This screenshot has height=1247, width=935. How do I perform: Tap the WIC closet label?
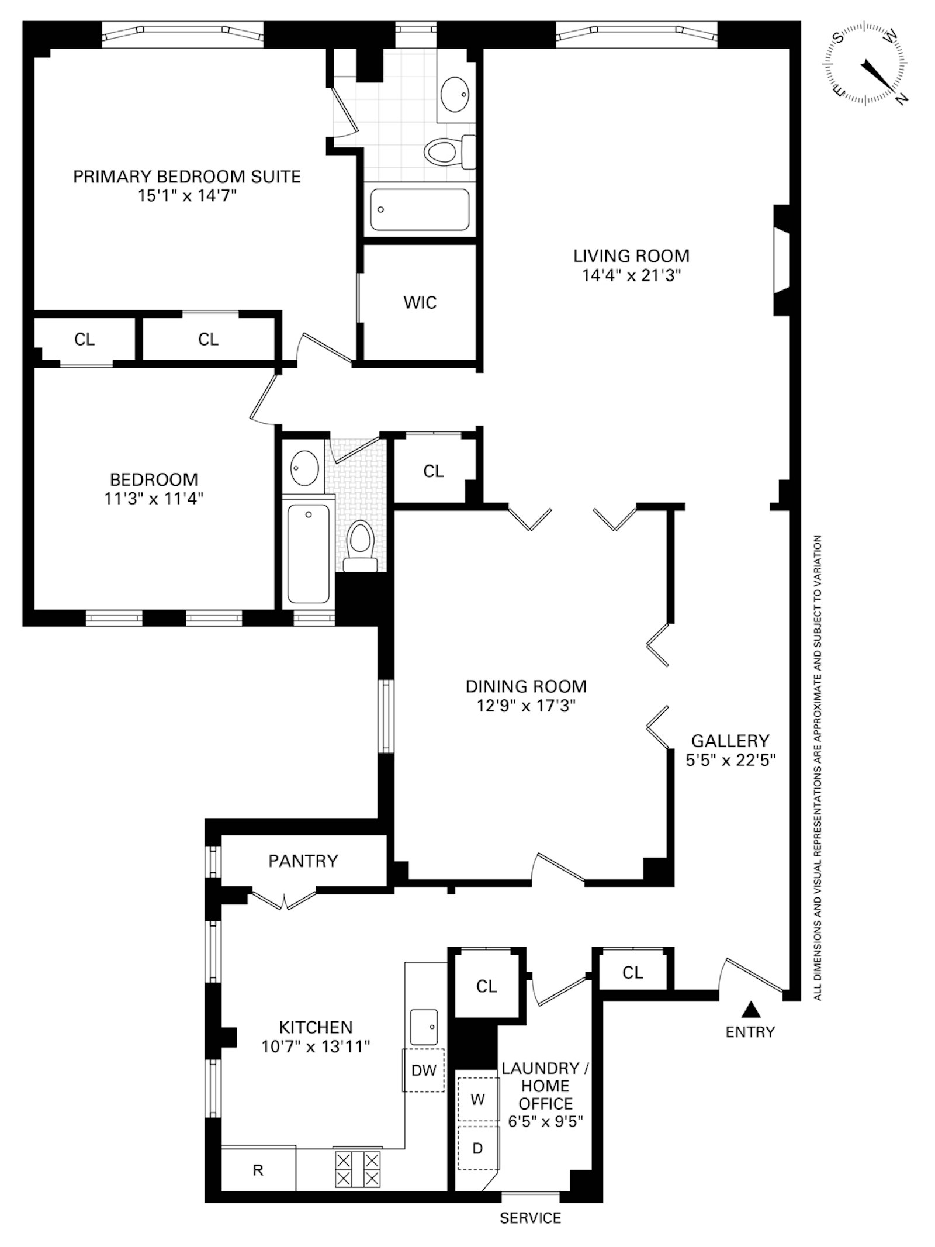pyautogui.click(x=420, y=302)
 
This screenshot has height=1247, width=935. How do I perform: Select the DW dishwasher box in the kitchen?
pyautogui.click(x=424, y=1070)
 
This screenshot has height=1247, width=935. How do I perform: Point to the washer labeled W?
pyautogui.click(x=477, y=1100)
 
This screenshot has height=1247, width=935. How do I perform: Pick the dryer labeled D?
pyautogui.click(x=477, y=1148)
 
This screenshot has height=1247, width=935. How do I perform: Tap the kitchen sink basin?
pyautogui.click(x=424, y=1027)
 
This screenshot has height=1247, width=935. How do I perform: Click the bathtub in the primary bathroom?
pyautogui.click(x=420, y=209)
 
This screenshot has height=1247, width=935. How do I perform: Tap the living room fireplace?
pyautogui.click(x=781, y=260)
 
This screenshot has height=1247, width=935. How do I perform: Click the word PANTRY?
pyautogui.click(x=303, y=861)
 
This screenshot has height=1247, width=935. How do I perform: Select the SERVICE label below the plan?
pyautogui.click(x=530, y=1218)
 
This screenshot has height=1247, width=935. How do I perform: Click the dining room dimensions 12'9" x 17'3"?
pyautogui.click(x=526, y=706)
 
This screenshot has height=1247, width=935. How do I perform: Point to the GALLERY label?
pyautogui.click(x=730, y=741)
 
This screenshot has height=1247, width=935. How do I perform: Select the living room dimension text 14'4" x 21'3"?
pyautogui.click(x=631, y=275)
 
